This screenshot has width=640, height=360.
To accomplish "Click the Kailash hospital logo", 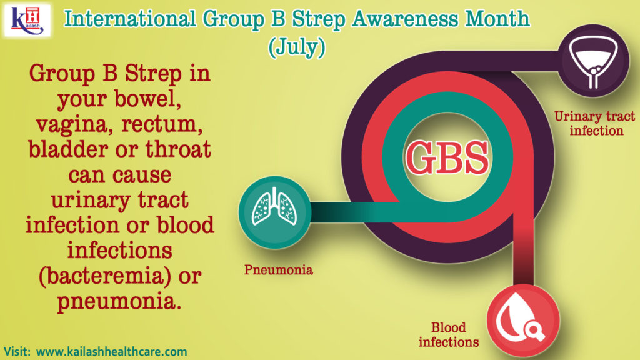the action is (27, 21).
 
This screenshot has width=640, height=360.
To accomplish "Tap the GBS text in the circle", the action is (447, 157).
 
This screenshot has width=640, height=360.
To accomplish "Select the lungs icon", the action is (274, 207).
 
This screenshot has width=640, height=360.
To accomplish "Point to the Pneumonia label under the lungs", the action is (278, 270).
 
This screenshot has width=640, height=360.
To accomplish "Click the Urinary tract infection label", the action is (595, 123).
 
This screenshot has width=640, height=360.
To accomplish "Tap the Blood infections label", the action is (449, 334).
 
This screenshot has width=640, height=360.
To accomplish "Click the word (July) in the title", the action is (297, 46).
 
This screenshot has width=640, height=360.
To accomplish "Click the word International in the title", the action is (130, 19).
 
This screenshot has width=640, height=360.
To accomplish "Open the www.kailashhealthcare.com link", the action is (111, 351).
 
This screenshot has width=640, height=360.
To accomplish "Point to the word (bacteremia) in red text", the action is (105, 276).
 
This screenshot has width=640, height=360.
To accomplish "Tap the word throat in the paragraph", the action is (178, 149).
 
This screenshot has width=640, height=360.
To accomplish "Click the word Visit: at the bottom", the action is (17, 351).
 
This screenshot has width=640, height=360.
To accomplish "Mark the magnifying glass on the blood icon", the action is (534, 329).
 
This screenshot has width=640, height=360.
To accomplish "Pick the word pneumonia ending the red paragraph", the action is (118, 302).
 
